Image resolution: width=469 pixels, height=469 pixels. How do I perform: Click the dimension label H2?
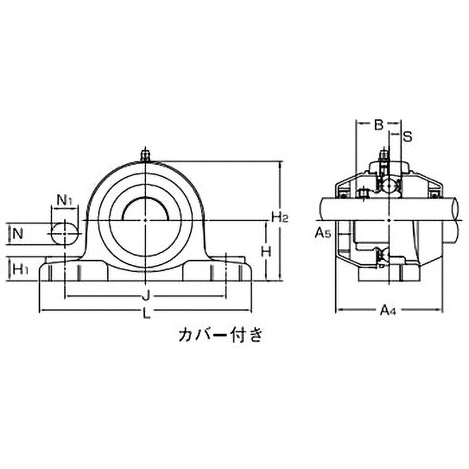pyautogui.click(x=278, y=217)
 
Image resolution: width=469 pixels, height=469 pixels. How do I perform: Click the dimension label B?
pyautogui.click(x=378, y=124)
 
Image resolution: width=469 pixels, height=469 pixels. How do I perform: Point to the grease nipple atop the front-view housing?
pyautogui.click(x=145, y=155)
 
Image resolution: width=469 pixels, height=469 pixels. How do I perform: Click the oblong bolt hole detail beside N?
pyautogui.click(x=64, y=233)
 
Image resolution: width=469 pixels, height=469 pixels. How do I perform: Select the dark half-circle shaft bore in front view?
pyautogui.click(x=145, y=209)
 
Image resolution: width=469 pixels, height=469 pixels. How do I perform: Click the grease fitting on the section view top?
pyautogui.click(x=384, y=157)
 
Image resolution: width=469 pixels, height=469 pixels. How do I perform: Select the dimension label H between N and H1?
pyautogui.click(x=265, y=251)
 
